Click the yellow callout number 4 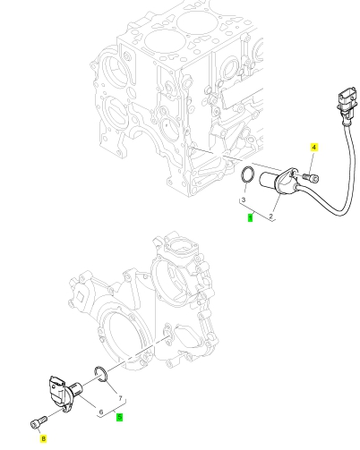[313, 147]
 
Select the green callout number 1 [250, 218]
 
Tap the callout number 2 [271, 217]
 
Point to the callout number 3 [244, 200]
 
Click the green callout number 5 [119, 417]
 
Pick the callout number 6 [101, 412]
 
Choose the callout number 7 [121, 398]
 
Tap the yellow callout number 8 [44, 438]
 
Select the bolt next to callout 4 [311, 177]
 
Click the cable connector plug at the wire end [347, 101]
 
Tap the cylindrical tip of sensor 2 [268, 180]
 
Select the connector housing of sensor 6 [56, 391]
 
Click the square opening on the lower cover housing [81, 297]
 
